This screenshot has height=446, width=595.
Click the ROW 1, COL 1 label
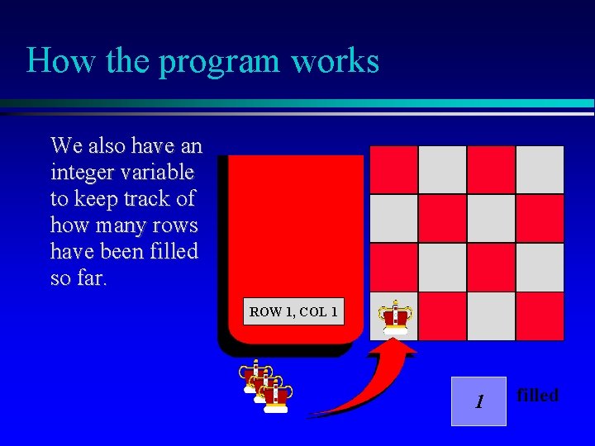293,312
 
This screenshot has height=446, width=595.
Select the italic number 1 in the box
478,402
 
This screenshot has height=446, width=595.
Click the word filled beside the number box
538,395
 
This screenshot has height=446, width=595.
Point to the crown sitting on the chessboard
395,316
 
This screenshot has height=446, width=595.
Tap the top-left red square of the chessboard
393,169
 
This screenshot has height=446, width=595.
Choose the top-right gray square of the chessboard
540,169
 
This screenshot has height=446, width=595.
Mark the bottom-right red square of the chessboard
540,316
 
